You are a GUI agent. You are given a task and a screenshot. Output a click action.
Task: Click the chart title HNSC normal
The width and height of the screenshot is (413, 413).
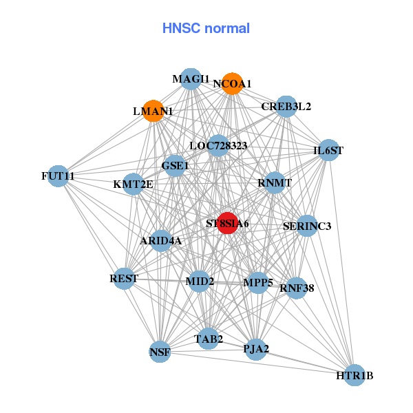206,28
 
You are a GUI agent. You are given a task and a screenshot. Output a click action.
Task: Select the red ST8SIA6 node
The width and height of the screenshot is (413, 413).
228,223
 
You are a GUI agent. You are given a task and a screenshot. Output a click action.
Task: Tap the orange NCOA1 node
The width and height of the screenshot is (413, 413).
233,83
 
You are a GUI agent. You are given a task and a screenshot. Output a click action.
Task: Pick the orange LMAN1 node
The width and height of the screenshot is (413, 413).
153,111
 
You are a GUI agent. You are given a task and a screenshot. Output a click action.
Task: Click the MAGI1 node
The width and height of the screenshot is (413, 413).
191,79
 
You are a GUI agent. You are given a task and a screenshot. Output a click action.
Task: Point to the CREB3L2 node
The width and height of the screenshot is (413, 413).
286,107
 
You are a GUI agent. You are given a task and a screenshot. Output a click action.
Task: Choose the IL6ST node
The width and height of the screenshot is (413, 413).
328,150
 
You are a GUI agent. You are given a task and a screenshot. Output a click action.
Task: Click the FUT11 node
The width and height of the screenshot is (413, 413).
59,176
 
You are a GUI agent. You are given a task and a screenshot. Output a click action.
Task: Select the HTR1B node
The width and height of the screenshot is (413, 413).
354,375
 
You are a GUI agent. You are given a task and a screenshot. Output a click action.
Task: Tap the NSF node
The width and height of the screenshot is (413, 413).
160,352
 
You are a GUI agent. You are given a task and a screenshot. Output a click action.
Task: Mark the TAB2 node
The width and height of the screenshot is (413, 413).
209,339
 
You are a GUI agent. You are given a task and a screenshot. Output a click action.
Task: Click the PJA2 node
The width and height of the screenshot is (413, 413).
256,348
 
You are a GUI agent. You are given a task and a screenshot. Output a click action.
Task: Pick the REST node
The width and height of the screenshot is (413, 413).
124,279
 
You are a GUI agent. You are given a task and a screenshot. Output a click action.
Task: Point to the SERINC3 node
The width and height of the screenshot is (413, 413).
307,226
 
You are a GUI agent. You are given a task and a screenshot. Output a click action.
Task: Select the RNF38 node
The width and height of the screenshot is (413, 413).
297,288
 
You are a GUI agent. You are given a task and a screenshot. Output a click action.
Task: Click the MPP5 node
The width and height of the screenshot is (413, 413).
258,282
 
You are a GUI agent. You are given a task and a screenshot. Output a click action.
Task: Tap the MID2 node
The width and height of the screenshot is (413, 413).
200,282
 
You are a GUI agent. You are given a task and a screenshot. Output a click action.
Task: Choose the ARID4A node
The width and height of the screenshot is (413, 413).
161,240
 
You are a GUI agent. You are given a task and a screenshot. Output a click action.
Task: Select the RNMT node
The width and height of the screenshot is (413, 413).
275,183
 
